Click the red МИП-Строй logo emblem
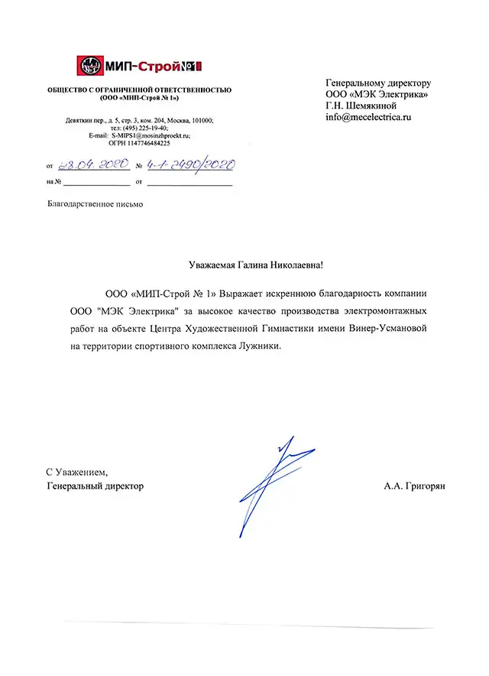point(91,67)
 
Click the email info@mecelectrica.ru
point(368,118)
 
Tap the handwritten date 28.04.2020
point(87,164)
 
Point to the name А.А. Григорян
point(419,486)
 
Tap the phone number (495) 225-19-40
point(141,128)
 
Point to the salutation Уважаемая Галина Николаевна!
point(256,265)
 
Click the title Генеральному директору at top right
point(378,83)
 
